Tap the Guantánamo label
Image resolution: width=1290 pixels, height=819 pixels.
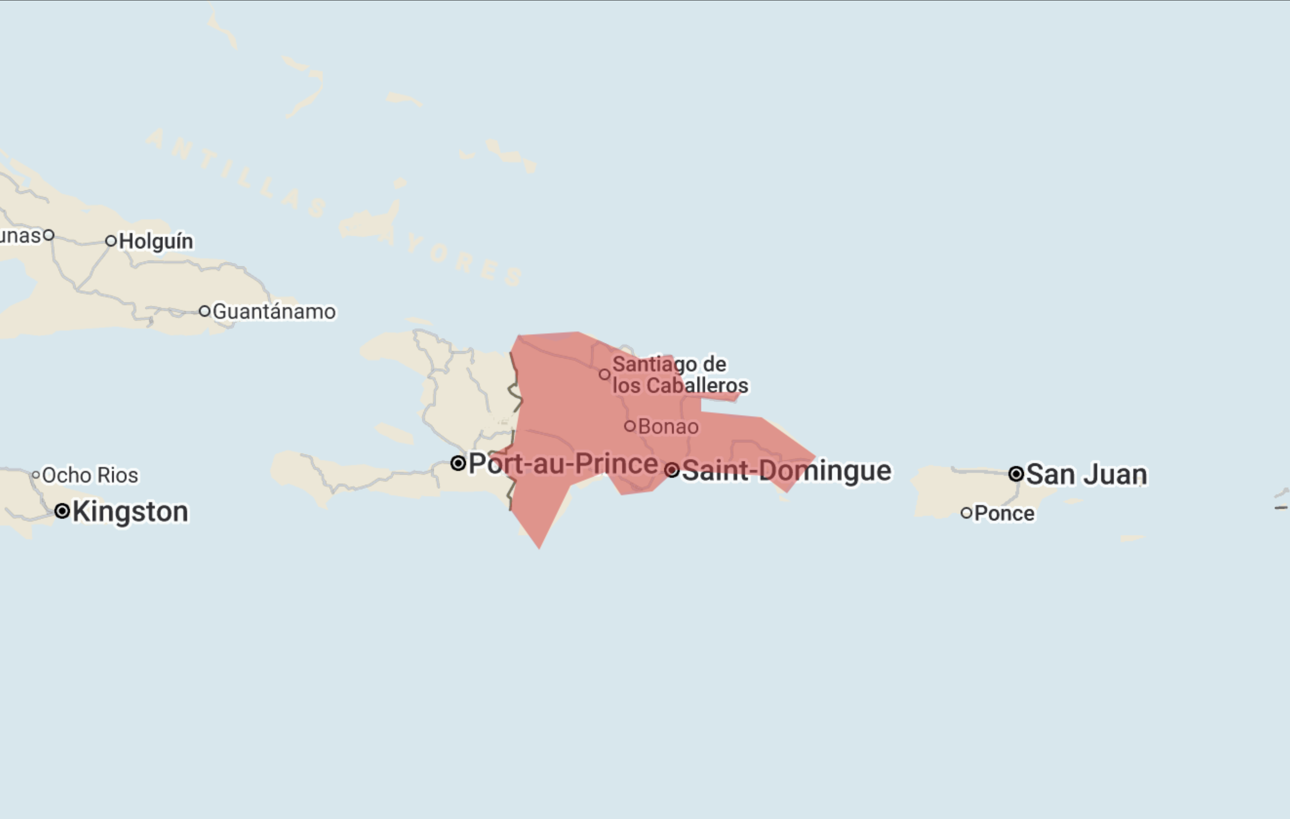274,312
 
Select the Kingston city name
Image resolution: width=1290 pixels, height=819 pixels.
131,512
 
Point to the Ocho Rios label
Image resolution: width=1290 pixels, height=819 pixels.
90,475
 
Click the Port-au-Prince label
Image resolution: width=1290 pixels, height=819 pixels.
563,464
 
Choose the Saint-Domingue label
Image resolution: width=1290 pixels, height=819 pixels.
786,471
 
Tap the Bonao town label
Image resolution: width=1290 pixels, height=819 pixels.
668,427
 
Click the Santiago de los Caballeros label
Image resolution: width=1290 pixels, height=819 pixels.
679,375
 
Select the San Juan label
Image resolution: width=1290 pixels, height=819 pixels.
1086,475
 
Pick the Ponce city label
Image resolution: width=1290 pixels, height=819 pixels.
1004,513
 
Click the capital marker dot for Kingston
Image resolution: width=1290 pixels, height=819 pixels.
62,511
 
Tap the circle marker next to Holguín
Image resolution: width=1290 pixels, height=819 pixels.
111,241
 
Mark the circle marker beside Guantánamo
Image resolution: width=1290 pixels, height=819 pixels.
204,311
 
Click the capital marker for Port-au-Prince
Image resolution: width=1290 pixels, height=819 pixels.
458,463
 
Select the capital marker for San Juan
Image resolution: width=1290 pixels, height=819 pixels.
1016,474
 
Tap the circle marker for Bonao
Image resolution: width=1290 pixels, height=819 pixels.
630,426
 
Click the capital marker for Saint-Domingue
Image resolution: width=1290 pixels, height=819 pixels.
672,470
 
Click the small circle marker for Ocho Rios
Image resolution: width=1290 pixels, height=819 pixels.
36,475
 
